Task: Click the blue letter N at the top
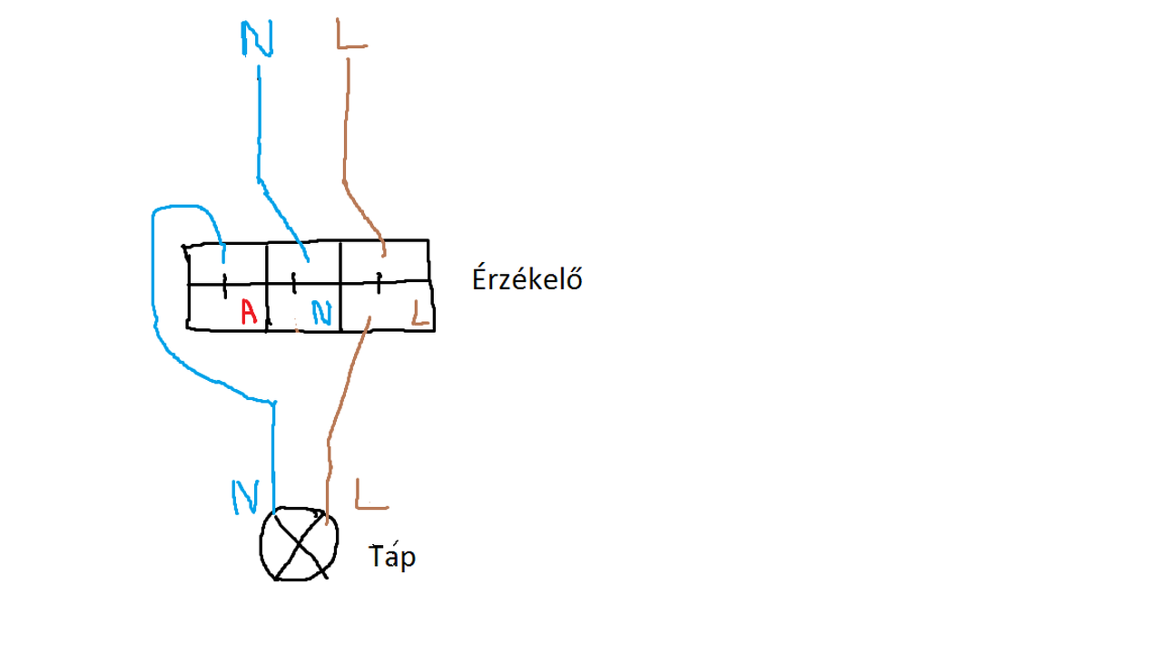[257, 38]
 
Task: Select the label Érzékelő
[527, 278]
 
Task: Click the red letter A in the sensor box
[249, 313]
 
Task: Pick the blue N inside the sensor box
[322, 313]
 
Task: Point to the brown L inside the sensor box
[419, 312]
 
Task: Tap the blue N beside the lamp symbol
[245, 496]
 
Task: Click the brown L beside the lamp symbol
[371, 493]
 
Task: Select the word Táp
[392, 555]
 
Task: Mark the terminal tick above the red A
[224, 285]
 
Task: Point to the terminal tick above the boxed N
[294, 282]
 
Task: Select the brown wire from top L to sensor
[346, 136]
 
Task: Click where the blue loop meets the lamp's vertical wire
[273, 402]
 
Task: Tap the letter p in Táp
[408, 558]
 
